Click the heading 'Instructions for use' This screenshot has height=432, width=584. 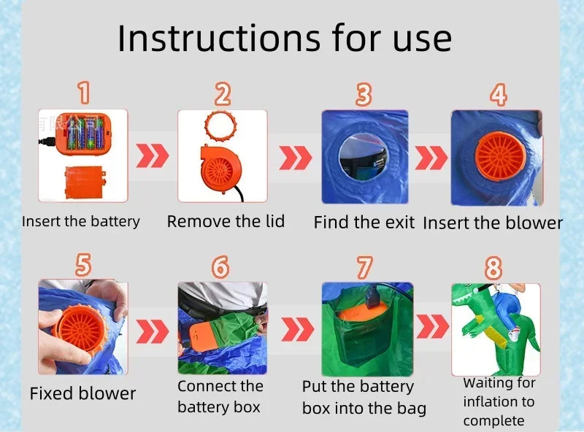click(x=285, y=39)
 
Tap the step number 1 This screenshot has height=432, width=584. click(x=84, y=93)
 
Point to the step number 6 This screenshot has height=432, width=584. click(x=220, y=266)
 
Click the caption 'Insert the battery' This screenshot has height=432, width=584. click(x=81, y=221)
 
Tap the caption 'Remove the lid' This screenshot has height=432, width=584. click(x=226, y=221)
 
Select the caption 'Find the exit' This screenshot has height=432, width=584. click(x=364, y=223)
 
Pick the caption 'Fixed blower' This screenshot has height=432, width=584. click(x=82, y=393)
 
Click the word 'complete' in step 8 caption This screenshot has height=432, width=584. click(x=493, y=421)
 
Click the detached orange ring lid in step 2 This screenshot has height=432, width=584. click(x=220, y=126)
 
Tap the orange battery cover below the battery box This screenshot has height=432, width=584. click(x=85, y=182)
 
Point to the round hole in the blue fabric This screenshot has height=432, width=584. click(x=363, y=155)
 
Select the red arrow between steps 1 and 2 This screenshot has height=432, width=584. click(x=153, y=155)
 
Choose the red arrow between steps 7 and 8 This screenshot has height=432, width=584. click(x=432, y=326)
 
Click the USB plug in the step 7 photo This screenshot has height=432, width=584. click(x=373, y=296)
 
